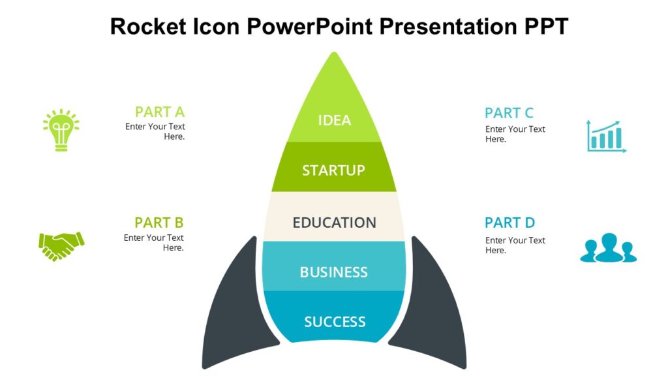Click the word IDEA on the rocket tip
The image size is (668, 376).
tap(334, 120)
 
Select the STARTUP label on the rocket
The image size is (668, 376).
tap(334, 170)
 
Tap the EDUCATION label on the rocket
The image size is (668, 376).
tap(334, 222)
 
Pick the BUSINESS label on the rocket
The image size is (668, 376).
tap(334, 272)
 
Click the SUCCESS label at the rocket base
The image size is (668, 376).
tap(334, 321)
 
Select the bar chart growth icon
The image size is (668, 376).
tap(606, 136)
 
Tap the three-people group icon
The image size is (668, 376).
tap(608, 248)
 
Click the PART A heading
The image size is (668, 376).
tap(159, 112)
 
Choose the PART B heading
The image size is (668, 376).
tap(159, 223)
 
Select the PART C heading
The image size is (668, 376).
tap(509, 113)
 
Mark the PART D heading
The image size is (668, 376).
tap(509, 223)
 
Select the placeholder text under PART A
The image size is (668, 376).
tap(155, 131)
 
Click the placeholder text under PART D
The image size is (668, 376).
tap(515, 245)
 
